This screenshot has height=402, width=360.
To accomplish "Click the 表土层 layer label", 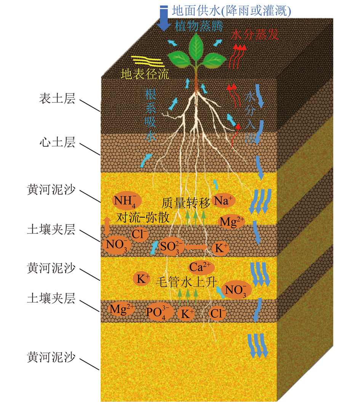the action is (x=57, y=98).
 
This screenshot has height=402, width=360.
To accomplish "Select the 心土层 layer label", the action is (x=57, y=142).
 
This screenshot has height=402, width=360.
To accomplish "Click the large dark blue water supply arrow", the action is (x=164, y=18).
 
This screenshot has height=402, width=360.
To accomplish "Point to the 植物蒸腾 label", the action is (x=199, y=26).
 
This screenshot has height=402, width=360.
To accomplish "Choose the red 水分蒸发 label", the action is (x=255, y=34).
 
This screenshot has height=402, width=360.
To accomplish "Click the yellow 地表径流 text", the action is (x=145, y=74).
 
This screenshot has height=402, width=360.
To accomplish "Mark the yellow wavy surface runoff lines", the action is (x=147, y=61).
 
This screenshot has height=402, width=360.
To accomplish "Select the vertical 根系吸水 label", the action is (x=150, y=115).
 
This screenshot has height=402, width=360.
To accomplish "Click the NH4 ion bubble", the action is (x=127, y=200).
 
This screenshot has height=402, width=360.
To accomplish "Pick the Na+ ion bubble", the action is (x=223, y=200).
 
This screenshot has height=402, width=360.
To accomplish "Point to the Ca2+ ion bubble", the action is (x=201, y=267).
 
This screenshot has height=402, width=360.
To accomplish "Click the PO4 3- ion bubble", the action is (x=159, y=312).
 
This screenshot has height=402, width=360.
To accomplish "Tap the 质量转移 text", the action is (x=186, y=203).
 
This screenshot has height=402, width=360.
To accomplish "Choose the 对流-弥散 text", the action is (x=143, y=218).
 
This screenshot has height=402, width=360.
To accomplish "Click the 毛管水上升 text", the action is (x=186, y=282).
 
